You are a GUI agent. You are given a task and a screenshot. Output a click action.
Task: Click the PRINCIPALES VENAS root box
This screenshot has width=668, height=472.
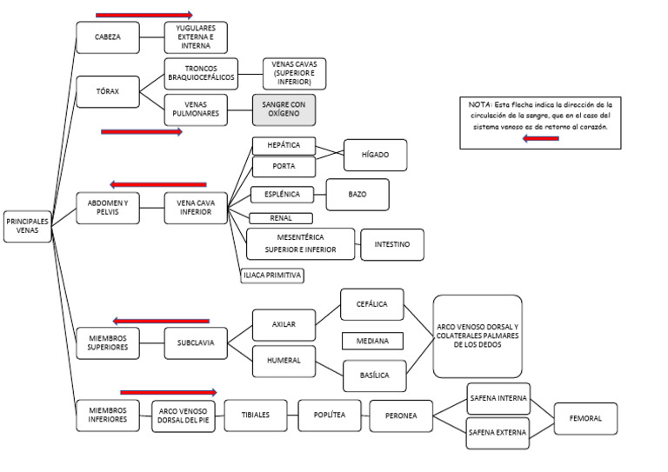tap(27, 226)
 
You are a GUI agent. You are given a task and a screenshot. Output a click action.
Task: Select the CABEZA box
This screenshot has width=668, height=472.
tap(107, 37)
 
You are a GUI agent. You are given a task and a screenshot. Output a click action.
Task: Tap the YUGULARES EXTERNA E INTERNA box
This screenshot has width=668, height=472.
tap(196, 37)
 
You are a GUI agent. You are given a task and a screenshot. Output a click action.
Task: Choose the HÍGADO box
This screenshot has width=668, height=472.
tap(375, 155)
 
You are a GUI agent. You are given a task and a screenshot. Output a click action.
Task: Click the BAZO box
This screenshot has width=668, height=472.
tap(357, 194)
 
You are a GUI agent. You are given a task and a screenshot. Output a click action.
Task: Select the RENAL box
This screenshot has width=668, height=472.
tap(280, 218)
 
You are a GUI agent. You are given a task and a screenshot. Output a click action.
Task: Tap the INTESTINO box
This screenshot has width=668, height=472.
tap(391, 244)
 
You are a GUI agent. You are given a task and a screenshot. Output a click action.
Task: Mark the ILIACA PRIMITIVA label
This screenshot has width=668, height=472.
tap(272, 276)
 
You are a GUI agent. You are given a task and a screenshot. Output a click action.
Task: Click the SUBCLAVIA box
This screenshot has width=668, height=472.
tap(196, 342)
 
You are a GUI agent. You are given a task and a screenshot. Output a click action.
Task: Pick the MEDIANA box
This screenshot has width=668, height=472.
tap(372, 341)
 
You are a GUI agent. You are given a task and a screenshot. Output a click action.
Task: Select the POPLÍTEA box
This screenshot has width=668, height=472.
tap(330, 415)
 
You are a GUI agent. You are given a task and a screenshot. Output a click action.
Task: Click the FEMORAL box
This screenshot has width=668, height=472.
tap(585, 418)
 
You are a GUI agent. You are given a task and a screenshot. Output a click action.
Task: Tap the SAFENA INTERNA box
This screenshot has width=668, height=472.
tap(498, 398)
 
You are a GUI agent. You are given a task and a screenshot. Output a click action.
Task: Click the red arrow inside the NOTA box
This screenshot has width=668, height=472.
tap(540, 138)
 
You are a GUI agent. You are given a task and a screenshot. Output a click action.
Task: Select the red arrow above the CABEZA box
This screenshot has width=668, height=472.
tap(144, 15)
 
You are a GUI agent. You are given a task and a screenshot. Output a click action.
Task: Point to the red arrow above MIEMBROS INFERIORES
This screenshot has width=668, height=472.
tap(168, 392)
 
